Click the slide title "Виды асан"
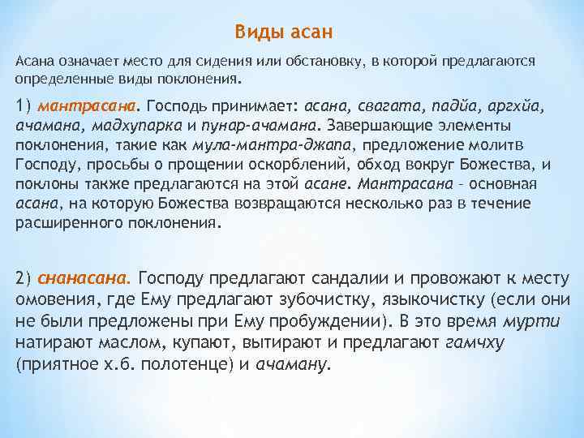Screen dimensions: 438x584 [x=284, y=32]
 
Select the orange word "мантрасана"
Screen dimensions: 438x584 [x=87, y=105]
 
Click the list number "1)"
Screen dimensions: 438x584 [x=23, y=105]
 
